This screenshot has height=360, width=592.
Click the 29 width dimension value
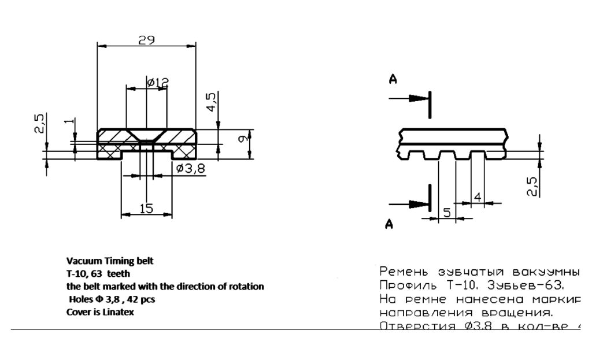tap(147, 39)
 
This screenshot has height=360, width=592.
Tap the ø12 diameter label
tap(157, 83)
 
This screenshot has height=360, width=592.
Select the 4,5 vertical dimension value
tap(212, 102)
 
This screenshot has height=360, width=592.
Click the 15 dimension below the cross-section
tap(147, 209)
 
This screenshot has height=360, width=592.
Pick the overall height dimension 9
tap(245, 139)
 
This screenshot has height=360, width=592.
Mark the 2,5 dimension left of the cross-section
tap(38, 123)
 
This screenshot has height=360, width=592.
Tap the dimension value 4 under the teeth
tap(478, 197)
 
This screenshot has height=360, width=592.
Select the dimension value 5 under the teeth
tap(447, 213)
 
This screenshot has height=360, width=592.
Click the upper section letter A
tap(393, 81)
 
